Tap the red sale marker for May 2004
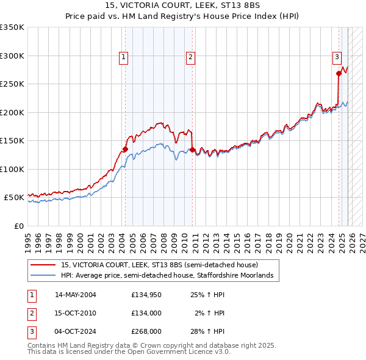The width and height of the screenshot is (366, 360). coord(125,149)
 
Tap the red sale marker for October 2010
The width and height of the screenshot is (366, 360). coord(192,149)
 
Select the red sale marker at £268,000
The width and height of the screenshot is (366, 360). coord(339,73)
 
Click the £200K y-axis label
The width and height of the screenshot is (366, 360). coord(12,112)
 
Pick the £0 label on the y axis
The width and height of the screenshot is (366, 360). coord(18,226)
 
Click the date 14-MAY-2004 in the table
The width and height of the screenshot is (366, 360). coord(75,294)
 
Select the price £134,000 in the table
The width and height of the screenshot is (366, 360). coord(146,313)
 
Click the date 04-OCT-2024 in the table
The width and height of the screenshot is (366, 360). coord(75,331)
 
